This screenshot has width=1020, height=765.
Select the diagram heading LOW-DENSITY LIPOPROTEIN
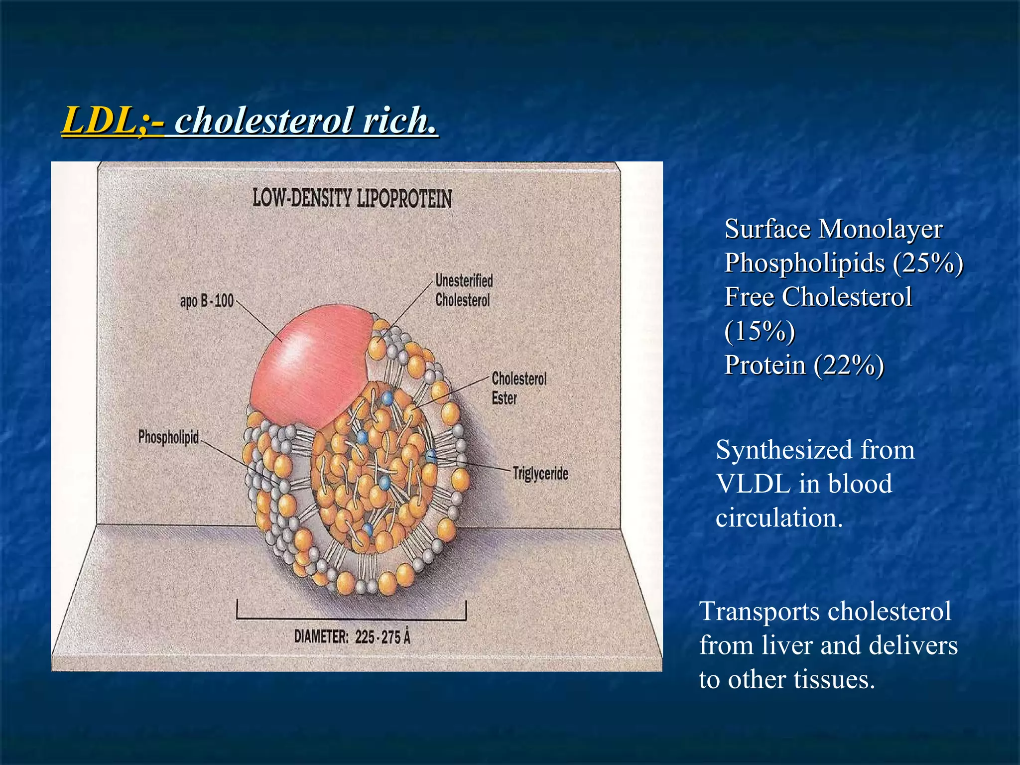point(352,198)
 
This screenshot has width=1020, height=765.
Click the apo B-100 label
point(207,301)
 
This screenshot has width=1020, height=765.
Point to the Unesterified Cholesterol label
point(464,290)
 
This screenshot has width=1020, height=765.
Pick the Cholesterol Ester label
point(518,388)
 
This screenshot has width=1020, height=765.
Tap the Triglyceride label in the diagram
point(540,473)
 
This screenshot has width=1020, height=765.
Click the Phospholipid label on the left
point(168,437)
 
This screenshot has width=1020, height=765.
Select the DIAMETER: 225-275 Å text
point(352,637)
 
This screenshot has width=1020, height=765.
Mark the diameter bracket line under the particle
point(351,619)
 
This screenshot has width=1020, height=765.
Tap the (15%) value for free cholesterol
point(760,331)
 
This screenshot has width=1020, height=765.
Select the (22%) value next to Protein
point(849,365)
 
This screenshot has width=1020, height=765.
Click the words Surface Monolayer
point(833,229)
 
